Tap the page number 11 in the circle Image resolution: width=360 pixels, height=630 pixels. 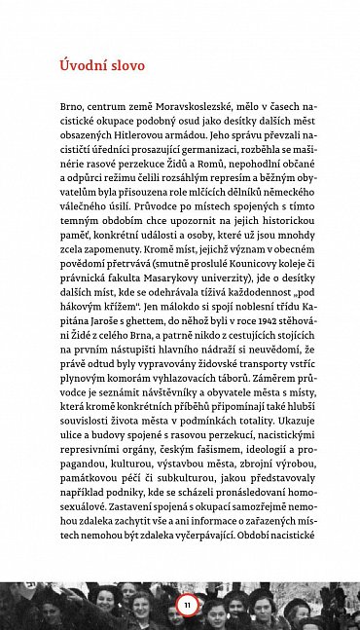click(x=187, y=606)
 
